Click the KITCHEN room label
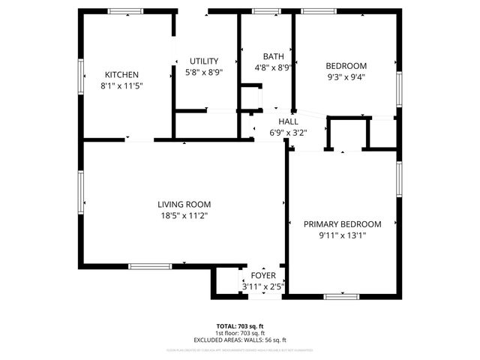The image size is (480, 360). coord(121,74)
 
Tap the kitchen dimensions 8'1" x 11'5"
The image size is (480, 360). coord(121,85)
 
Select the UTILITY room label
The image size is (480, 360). coord(204,61)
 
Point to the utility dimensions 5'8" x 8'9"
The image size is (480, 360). coord(204,72)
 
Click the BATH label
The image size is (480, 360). coord(273,56)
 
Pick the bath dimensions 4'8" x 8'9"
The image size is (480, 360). coord(273,67)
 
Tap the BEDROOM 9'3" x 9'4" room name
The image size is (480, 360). coord(346,64)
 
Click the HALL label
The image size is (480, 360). coord(288,121)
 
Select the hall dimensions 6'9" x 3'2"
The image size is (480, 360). coord(288,133)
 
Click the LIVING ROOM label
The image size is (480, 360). coord(184,204)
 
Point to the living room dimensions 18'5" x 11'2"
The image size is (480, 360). coord(184,215)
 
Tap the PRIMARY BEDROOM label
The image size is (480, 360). coord(342,224)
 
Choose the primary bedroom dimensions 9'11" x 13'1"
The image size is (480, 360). coord(342,235)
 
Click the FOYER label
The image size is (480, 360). coord(262,276)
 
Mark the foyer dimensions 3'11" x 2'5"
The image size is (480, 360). coord(262,286)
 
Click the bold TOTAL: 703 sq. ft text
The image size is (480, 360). coord(239,326)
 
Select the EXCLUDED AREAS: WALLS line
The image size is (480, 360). coord(239,340)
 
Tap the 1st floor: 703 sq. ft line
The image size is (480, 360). coord(239,333)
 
